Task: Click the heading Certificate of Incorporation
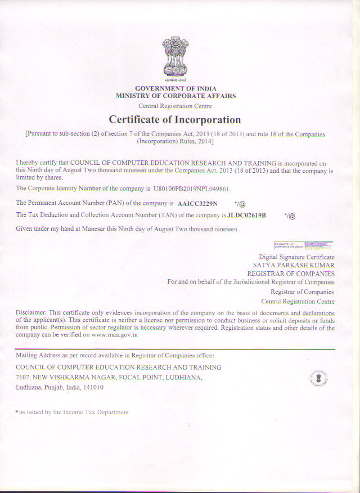175,120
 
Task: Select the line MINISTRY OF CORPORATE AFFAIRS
175,96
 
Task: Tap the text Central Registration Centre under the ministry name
175,106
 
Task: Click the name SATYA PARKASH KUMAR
294,265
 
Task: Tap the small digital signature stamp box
304,245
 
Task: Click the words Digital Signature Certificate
296,257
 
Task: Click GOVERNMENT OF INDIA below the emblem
175,89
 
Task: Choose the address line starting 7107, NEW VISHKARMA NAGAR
109,377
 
